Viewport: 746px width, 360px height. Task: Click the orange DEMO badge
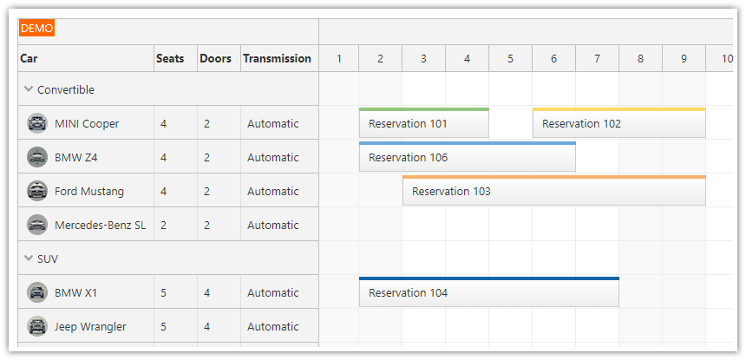(x=36, y=29)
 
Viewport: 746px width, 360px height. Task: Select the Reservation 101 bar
(x=423, y=124)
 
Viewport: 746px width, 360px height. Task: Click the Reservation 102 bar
(x=618, y=124)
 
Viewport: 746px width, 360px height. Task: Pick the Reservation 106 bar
(x=467, y=158)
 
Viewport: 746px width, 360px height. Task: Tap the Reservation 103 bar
(x=553, y=192)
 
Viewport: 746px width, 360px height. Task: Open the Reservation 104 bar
(x=488, y=293)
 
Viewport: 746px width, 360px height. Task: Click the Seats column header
(x=170, y=59)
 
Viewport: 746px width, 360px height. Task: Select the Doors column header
(x=215, y=59)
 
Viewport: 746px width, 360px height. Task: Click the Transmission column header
(x=277, y=59)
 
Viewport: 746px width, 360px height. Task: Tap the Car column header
(x=29, y=59)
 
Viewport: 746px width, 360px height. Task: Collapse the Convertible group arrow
(x=29, y=89)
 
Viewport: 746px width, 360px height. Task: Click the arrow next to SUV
(x=29, y=259)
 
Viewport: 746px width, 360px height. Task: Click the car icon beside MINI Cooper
(x=36, y=123)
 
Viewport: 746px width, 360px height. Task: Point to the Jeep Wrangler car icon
(x=36, y=326)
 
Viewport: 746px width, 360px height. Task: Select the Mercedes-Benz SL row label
(x=100, y=226)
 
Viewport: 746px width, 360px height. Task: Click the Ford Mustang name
(x=89, y=192)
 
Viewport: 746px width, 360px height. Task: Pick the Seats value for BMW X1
(x=164, y=293)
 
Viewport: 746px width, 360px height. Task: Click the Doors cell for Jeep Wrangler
(x=207, y=327)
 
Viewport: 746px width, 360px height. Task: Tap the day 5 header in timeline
(x=510, y=59)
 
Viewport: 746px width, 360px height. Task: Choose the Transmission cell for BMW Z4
(x=272, y=158)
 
